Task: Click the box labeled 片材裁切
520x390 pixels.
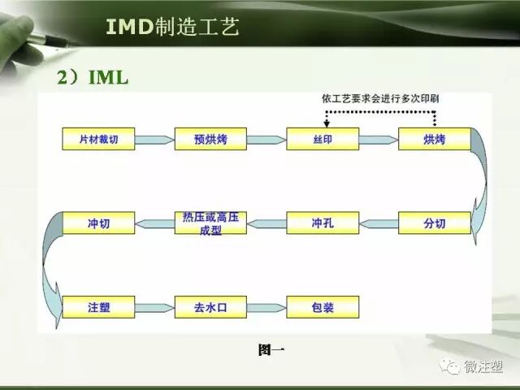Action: tap(97, 140)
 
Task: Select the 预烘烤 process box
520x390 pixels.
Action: tap(210, 140)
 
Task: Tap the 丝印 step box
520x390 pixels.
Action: tap(323, 140)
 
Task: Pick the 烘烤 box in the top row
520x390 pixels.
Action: tap(435, 140)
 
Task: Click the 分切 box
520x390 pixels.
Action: tap(435, 223)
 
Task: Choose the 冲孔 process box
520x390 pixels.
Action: tap(323, 223)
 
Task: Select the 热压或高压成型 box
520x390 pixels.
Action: tap(210, 223)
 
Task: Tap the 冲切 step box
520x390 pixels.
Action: tap(97, 223)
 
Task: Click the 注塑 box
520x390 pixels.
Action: tap(97, 307)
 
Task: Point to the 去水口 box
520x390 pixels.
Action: tap(210, 307)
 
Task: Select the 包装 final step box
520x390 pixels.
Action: tap(323, 307)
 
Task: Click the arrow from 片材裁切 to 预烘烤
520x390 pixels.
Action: tap(154, 141)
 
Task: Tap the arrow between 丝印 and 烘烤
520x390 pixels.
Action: tap(379, 141)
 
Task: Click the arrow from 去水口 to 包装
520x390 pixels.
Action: tap(266, 308)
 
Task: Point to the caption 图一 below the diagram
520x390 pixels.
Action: tap(271, 350)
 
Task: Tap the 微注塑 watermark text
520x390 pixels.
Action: tap(483, 367)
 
